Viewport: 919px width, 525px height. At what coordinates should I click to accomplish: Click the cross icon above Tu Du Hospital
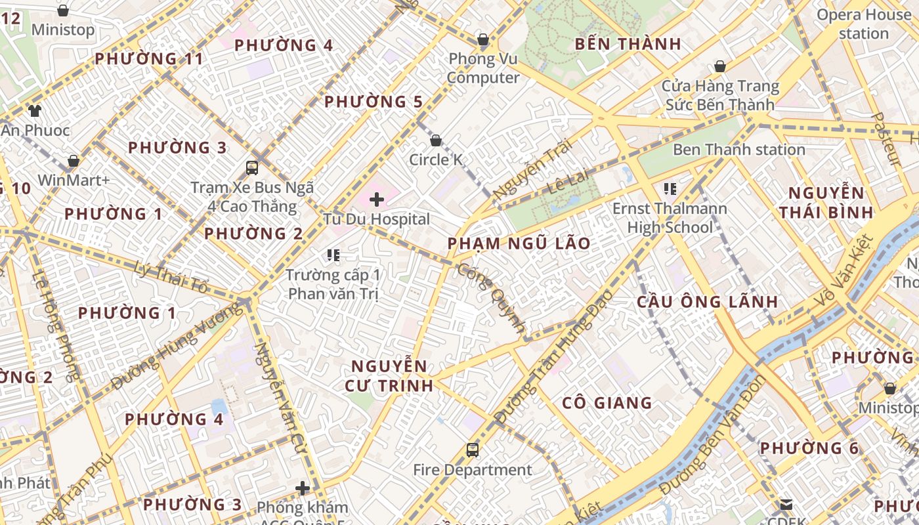point(377,199)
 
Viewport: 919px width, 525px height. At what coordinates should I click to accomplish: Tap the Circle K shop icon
point(435,140)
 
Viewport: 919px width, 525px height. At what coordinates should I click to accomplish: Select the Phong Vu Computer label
point(483,68)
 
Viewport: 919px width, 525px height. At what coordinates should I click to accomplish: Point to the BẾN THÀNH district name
point(628,44)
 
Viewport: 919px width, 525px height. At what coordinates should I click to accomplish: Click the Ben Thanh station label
point(738,150)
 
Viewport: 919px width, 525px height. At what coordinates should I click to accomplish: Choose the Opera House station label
point(864,24)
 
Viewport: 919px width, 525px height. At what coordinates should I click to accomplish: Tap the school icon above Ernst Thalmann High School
point(670,190)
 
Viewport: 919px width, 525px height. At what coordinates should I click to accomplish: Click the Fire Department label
point(473,470)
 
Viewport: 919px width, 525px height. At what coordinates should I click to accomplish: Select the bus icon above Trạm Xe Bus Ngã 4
point(252,167)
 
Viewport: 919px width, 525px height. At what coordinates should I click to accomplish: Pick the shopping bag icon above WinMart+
point(74,161)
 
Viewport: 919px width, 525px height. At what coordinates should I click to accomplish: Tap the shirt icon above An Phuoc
point(35,111)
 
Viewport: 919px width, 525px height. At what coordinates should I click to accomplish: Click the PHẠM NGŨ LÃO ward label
point(519,243)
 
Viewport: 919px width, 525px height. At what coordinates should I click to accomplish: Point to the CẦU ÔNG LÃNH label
point(708,302)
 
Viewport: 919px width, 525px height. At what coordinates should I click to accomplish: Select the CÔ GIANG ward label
point(607,403)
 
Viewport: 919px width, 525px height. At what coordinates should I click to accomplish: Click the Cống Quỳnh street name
point(492,297)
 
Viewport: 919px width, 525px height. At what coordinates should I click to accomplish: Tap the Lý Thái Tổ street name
point(170,277)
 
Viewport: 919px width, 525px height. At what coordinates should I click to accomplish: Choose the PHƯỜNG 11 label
point(149,58)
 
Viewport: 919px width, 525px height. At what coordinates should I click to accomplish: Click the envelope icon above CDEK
point(786,505)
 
